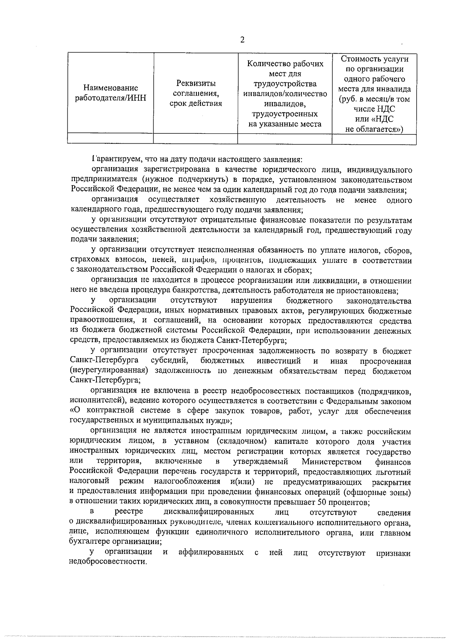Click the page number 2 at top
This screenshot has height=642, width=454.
[x=242, y=40]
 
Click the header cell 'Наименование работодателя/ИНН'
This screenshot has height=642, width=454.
[x=110, y=93]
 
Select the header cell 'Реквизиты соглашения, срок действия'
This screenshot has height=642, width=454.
[x=195, y=93]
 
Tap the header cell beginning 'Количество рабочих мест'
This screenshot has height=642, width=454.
[x=285, y=93]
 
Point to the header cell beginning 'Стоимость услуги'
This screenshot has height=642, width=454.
[x=374, y=93]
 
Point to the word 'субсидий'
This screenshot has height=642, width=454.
[x=167, y=361]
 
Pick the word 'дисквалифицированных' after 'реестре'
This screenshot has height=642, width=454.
[x=209, y=512]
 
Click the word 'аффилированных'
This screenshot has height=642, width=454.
[x=211, y=552]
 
